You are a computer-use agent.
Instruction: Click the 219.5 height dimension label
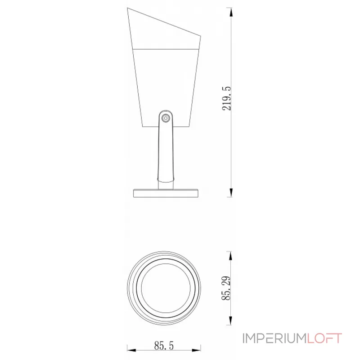[x=227, y=99]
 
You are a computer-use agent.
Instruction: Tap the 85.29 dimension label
[x=227, y=288]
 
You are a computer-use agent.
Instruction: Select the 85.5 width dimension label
[x=164, y=346]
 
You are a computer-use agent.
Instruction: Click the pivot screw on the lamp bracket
[x=165, y=118]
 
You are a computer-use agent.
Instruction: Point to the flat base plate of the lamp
[x=166, y=193]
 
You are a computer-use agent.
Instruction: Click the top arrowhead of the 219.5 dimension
[x=231, y=12]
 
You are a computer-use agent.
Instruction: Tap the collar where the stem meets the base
[x=165, y=184]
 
